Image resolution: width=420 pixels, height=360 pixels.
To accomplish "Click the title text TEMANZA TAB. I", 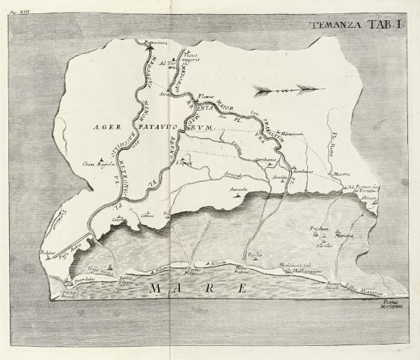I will [358, 27].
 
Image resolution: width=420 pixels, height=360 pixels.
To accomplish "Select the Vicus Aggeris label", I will [199, 55].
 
